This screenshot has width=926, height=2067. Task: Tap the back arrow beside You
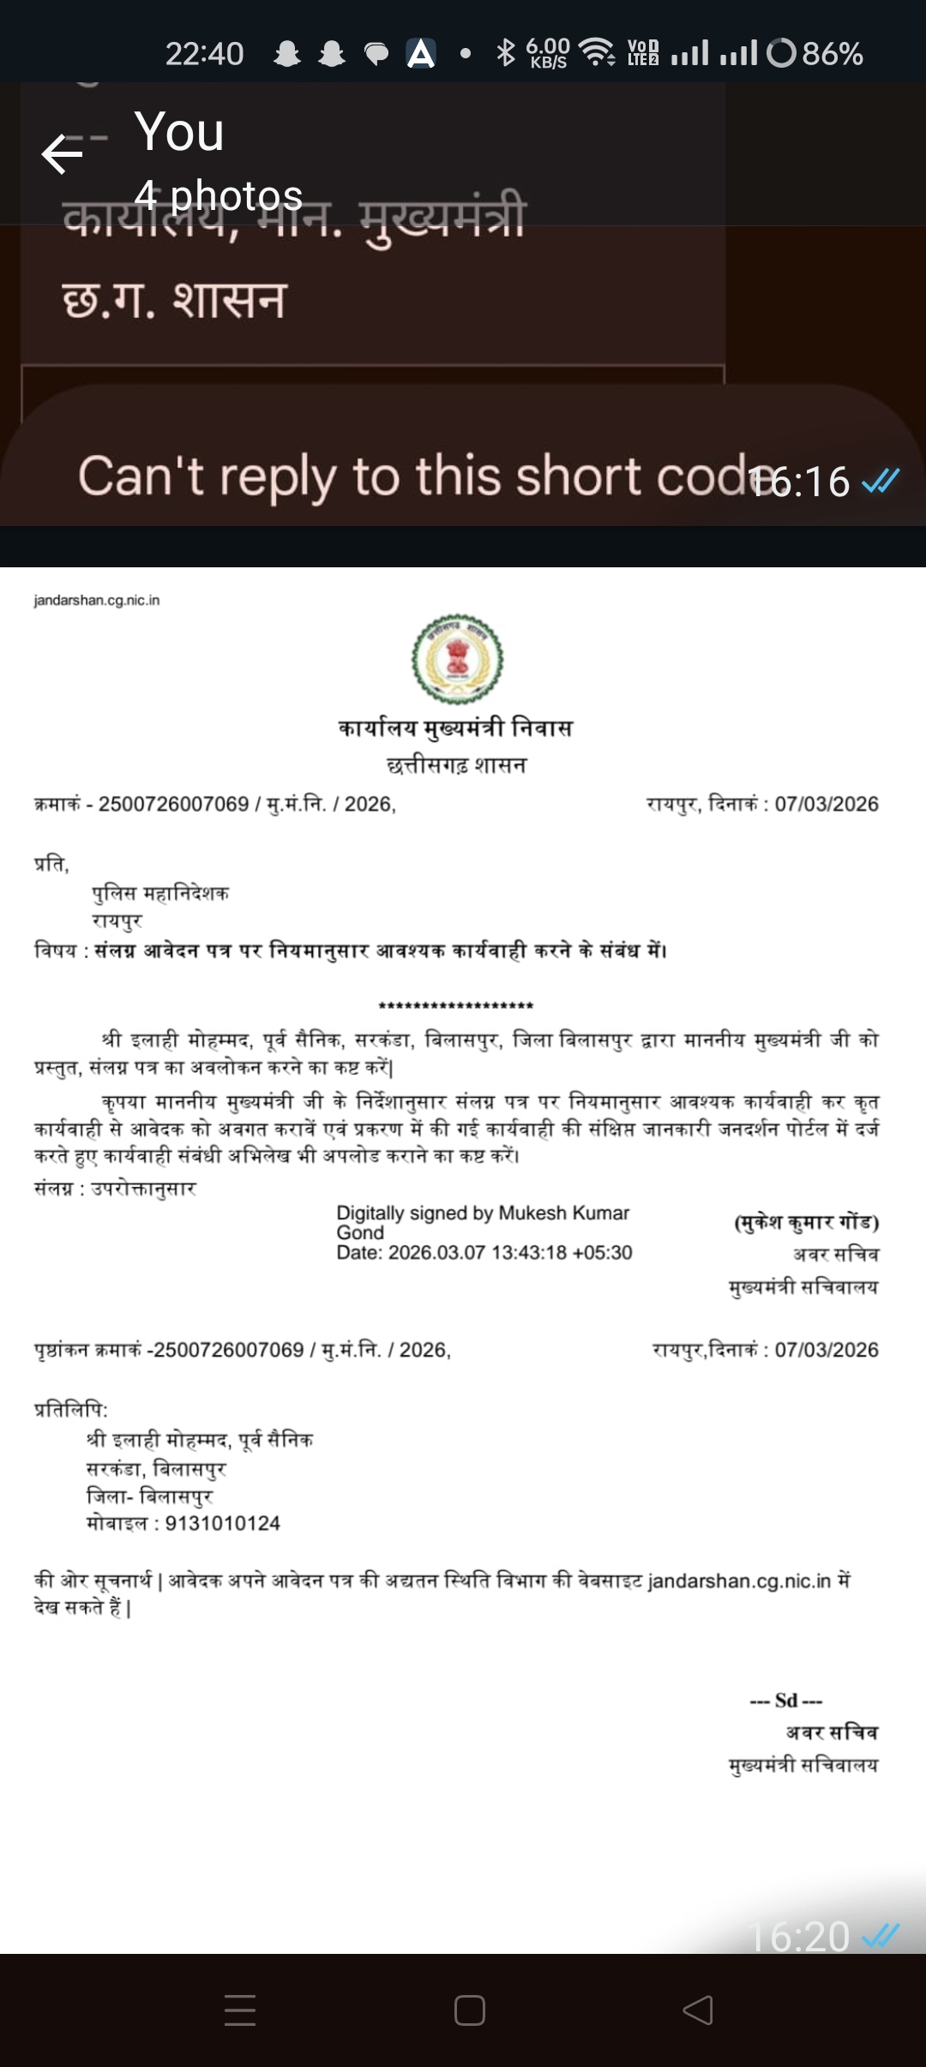[62, 154]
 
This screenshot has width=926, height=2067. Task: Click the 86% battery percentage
[832, 54]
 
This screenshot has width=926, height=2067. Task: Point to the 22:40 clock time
[204, 54]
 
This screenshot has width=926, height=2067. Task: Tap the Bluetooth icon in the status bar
[506, 53]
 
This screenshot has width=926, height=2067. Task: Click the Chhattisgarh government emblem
[458, 659]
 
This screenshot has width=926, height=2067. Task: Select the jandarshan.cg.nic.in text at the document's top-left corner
[97, 600]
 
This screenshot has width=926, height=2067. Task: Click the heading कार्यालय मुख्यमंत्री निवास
[455, 728]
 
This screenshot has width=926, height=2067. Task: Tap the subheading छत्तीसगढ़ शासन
[457, 764]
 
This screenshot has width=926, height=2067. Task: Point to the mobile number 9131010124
[223, 1523]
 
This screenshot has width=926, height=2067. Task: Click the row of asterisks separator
[455, 1005]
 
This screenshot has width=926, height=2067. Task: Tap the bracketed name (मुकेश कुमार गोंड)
[806, 1221]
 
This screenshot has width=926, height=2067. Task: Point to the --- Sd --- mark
[786, 1700]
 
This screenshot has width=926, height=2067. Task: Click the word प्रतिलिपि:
[71, 1409]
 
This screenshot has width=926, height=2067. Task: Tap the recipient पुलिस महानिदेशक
[160, 893]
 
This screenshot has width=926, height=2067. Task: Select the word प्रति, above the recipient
[51, 864]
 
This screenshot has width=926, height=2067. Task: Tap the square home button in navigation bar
[470, 2010]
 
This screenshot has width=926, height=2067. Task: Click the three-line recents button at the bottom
[240, 2010]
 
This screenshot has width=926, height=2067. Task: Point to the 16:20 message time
[799, 1936]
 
